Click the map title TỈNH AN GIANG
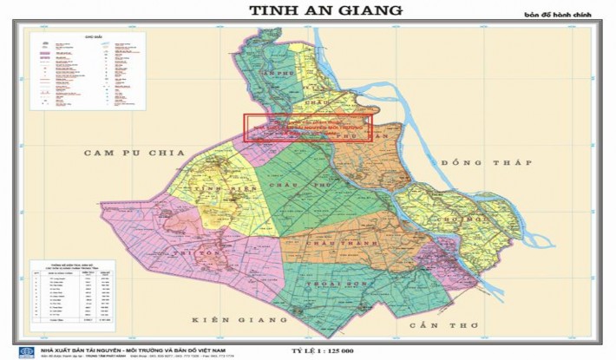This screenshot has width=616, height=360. (x=325, y=10)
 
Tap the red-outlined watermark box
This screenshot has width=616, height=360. (x=307, y=128)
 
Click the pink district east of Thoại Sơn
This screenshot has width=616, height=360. (x=438, y=256)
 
